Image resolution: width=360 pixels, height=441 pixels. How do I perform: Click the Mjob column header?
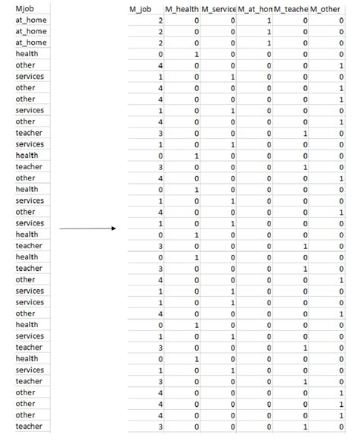click(25, 9)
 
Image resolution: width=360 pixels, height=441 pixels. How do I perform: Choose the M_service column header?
click(218, 9)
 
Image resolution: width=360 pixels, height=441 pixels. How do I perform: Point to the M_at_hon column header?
click(254, 9)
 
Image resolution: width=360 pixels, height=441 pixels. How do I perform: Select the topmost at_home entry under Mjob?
click(30, 20)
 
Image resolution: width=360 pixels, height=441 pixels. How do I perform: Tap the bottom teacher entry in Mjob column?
click(29, 427)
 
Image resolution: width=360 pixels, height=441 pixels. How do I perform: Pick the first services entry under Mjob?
click(30, 77)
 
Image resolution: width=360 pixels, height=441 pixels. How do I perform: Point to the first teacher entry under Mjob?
click(29, 133)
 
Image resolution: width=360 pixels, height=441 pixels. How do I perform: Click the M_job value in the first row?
click(160, 20)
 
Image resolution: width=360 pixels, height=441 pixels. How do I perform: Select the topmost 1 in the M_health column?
click(197, 54)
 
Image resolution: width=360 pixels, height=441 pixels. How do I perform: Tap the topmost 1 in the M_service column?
click(233, 77)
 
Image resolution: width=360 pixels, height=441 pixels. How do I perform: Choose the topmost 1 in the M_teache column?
click(305, 133)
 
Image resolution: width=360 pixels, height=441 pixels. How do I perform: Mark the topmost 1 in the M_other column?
click(342, 65)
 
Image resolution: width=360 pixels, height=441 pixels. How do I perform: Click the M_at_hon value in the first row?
click(270, 20)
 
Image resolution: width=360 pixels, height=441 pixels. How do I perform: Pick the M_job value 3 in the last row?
click(160, 427)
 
